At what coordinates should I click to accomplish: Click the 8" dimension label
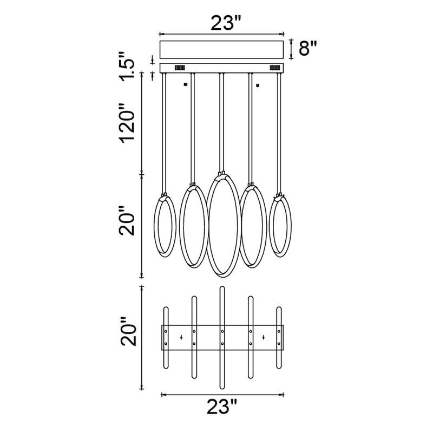point(307,48)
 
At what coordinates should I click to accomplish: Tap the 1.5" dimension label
point(127,66)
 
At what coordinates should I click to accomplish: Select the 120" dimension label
point(127,123)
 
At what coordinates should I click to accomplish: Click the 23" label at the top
point(226,23)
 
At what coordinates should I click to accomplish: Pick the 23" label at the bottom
point(222,406)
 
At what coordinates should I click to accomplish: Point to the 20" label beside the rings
point(127,221)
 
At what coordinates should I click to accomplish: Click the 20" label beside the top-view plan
point(128,331)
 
